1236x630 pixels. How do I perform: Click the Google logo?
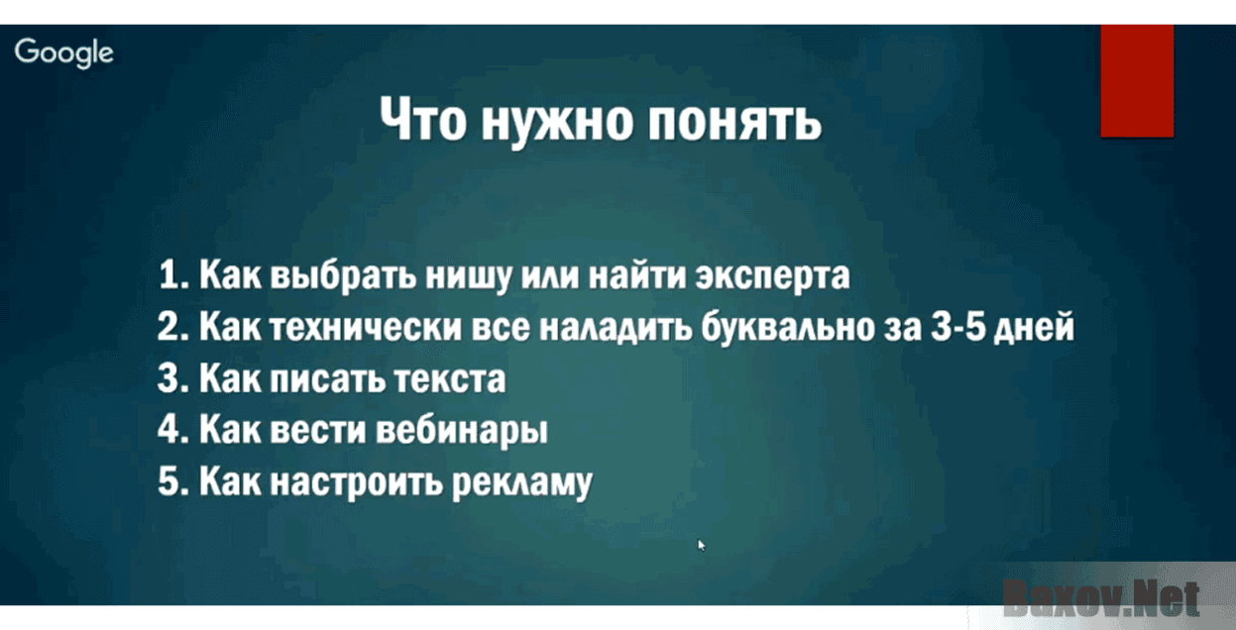tap(64, 52)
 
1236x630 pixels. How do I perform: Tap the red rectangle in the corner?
tap(1137, 80)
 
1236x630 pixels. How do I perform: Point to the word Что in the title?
tap(424, 123)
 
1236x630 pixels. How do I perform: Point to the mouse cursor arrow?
tap(702, 544)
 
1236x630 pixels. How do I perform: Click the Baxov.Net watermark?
tap(1100, 596)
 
